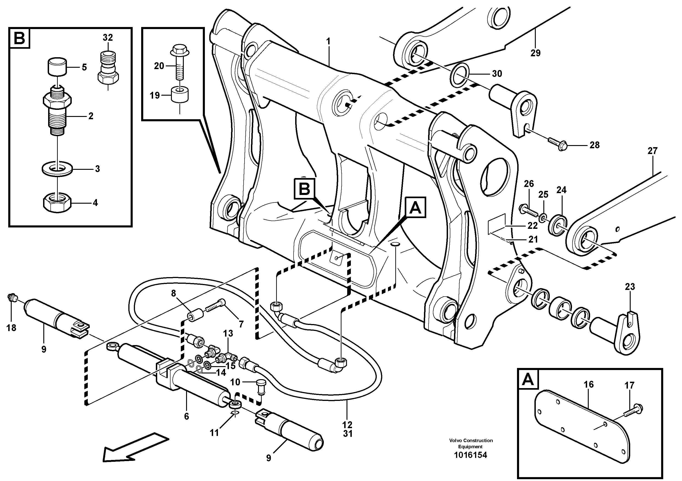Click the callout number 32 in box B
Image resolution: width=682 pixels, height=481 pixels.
(108, 38)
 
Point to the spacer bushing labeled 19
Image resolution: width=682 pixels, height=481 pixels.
(180, 95)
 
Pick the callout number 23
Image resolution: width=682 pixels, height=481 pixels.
(630, 287)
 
